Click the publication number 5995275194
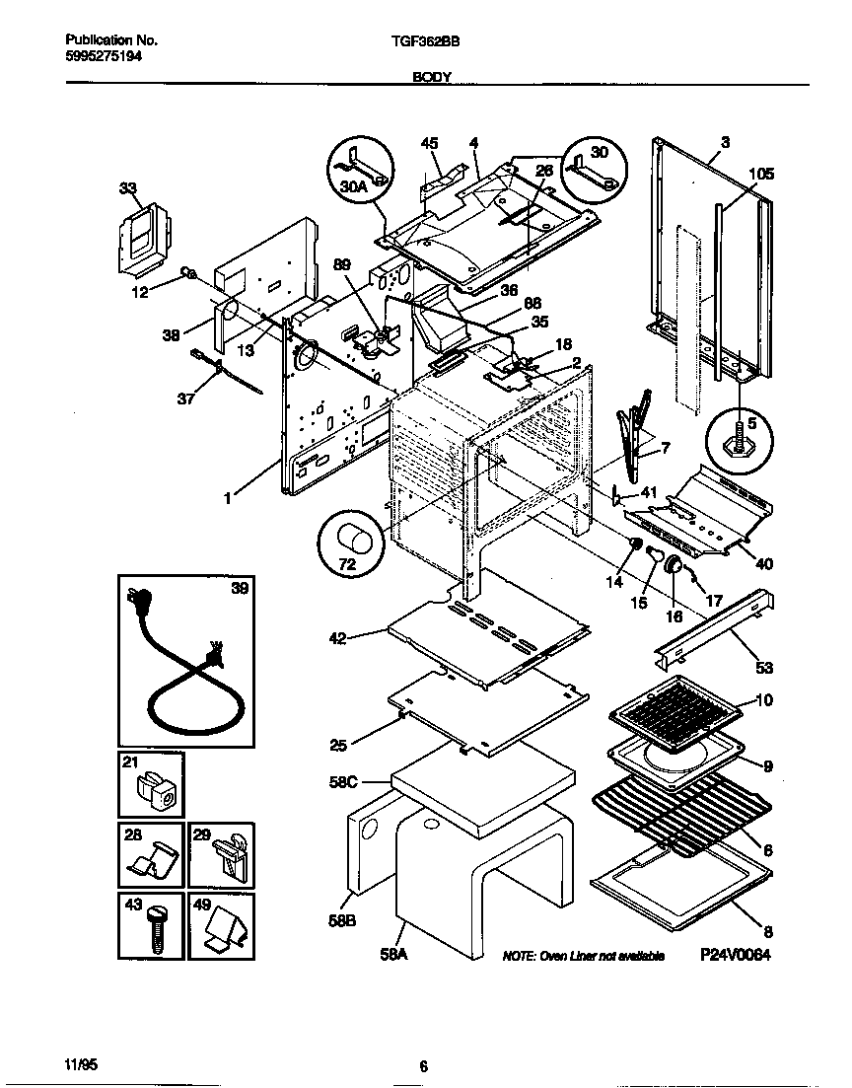(x=105, y=57)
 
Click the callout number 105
(x=760, y=175)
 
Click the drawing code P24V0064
(x=735, y=956)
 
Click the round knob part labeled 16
(x=674, y=566)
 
